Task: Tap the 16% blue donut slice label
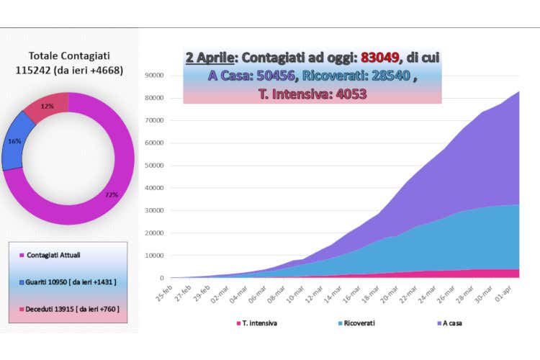[14, 142]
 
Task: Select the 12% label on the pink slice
[48, 106]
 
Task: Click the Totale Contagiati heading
[69, 55]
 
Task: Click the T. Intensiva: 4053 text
[312, 94]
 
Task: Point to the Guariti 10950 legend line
[68, 283]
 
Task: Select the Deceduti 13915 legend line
[68, 309]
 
